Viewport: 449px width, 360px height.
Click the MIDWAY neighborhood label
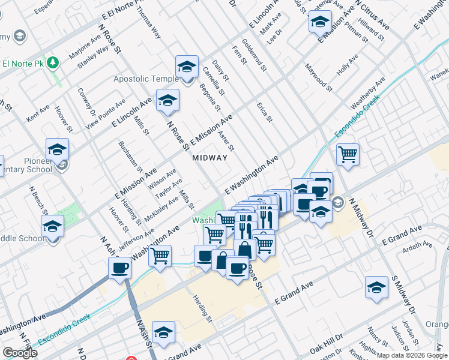[x=209, y=158]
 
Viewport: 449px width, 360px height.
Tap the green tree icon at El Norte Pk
[x=53, y=62]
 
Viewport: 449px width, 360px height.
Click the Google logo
[x=20, y=353]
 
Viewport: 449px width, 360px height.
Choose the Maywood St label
[x=319, y=77]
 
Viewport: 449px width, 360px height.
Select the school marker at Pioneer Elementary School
[x=58, y=149]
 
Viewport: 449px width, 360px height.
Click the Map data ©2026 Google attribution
[x=412, y=355]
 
